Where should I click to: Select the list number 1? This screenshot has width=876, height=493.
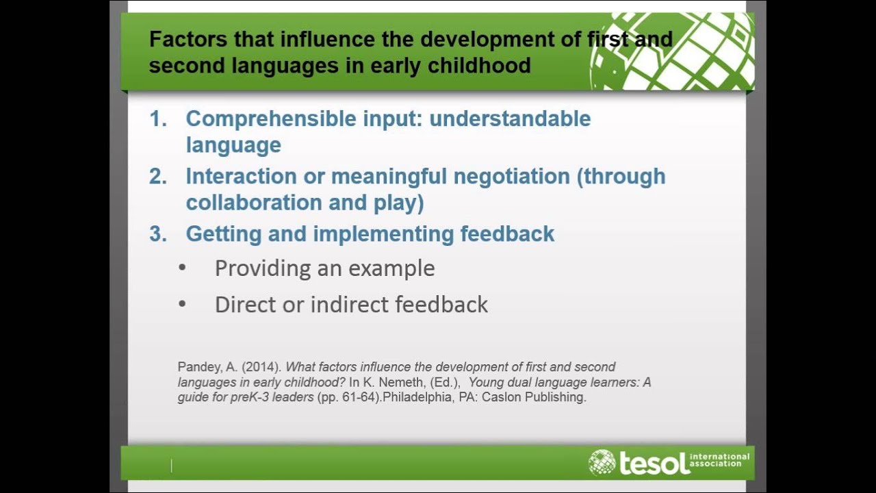click(x=157, y=118)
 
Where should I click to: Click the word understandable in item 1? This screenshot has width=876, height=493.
click(x=510, y=118)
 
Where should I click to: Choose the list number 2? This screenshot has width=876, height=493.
click(x=157, y=176)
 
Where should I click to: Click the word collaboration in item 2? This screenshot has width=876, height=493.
click(x=252, y=203)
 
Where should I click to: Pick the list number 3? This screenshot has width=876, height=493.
click(x=157, y=233)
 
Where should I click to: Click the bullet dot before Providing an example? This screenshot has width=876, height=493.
click(x=182, y=268)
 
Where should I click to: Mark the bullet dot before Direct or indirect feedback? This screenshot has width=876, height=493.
click(x=182, y=304)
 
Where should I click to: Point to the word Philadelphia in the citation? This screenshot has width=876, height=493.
click(x=414, y=397)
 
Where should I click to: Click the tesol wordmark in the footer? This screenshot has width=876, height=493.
click(x=654, y=463)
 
